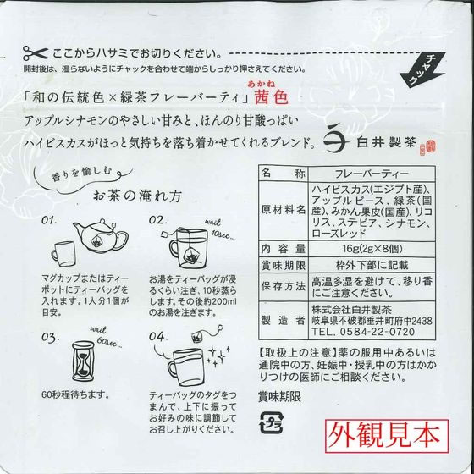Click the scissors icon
[x=36, y=53]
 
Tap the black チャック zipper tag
[x=422, y=69]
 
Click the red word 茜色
[x=271, y=97]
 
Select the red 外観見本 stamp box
[x=387, y=436]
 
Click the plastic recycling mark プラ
[x=271, y=422]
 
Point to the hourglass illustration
[x=83, y=361]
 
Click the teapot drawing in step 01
[x=101, y=235]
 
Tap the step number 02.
[x=157, y=220]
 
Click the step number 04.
[x=157, y=336]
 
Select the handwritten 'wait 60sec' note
[x=106, y=337]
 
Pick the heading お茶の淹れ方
[x=137, y=196]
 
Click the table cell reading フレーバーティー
[x=372, y=174]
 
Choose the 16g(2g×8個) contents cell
[x=372, y=249]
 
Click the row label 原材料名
[x=284, y=211]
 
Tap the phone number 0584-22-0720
[x=377, y=332]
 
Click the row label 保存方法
[x=284, y=287]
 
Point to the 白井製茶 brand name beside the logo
[x=386, y=142]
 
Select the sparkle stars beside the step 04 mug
[x=218, y=355]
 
